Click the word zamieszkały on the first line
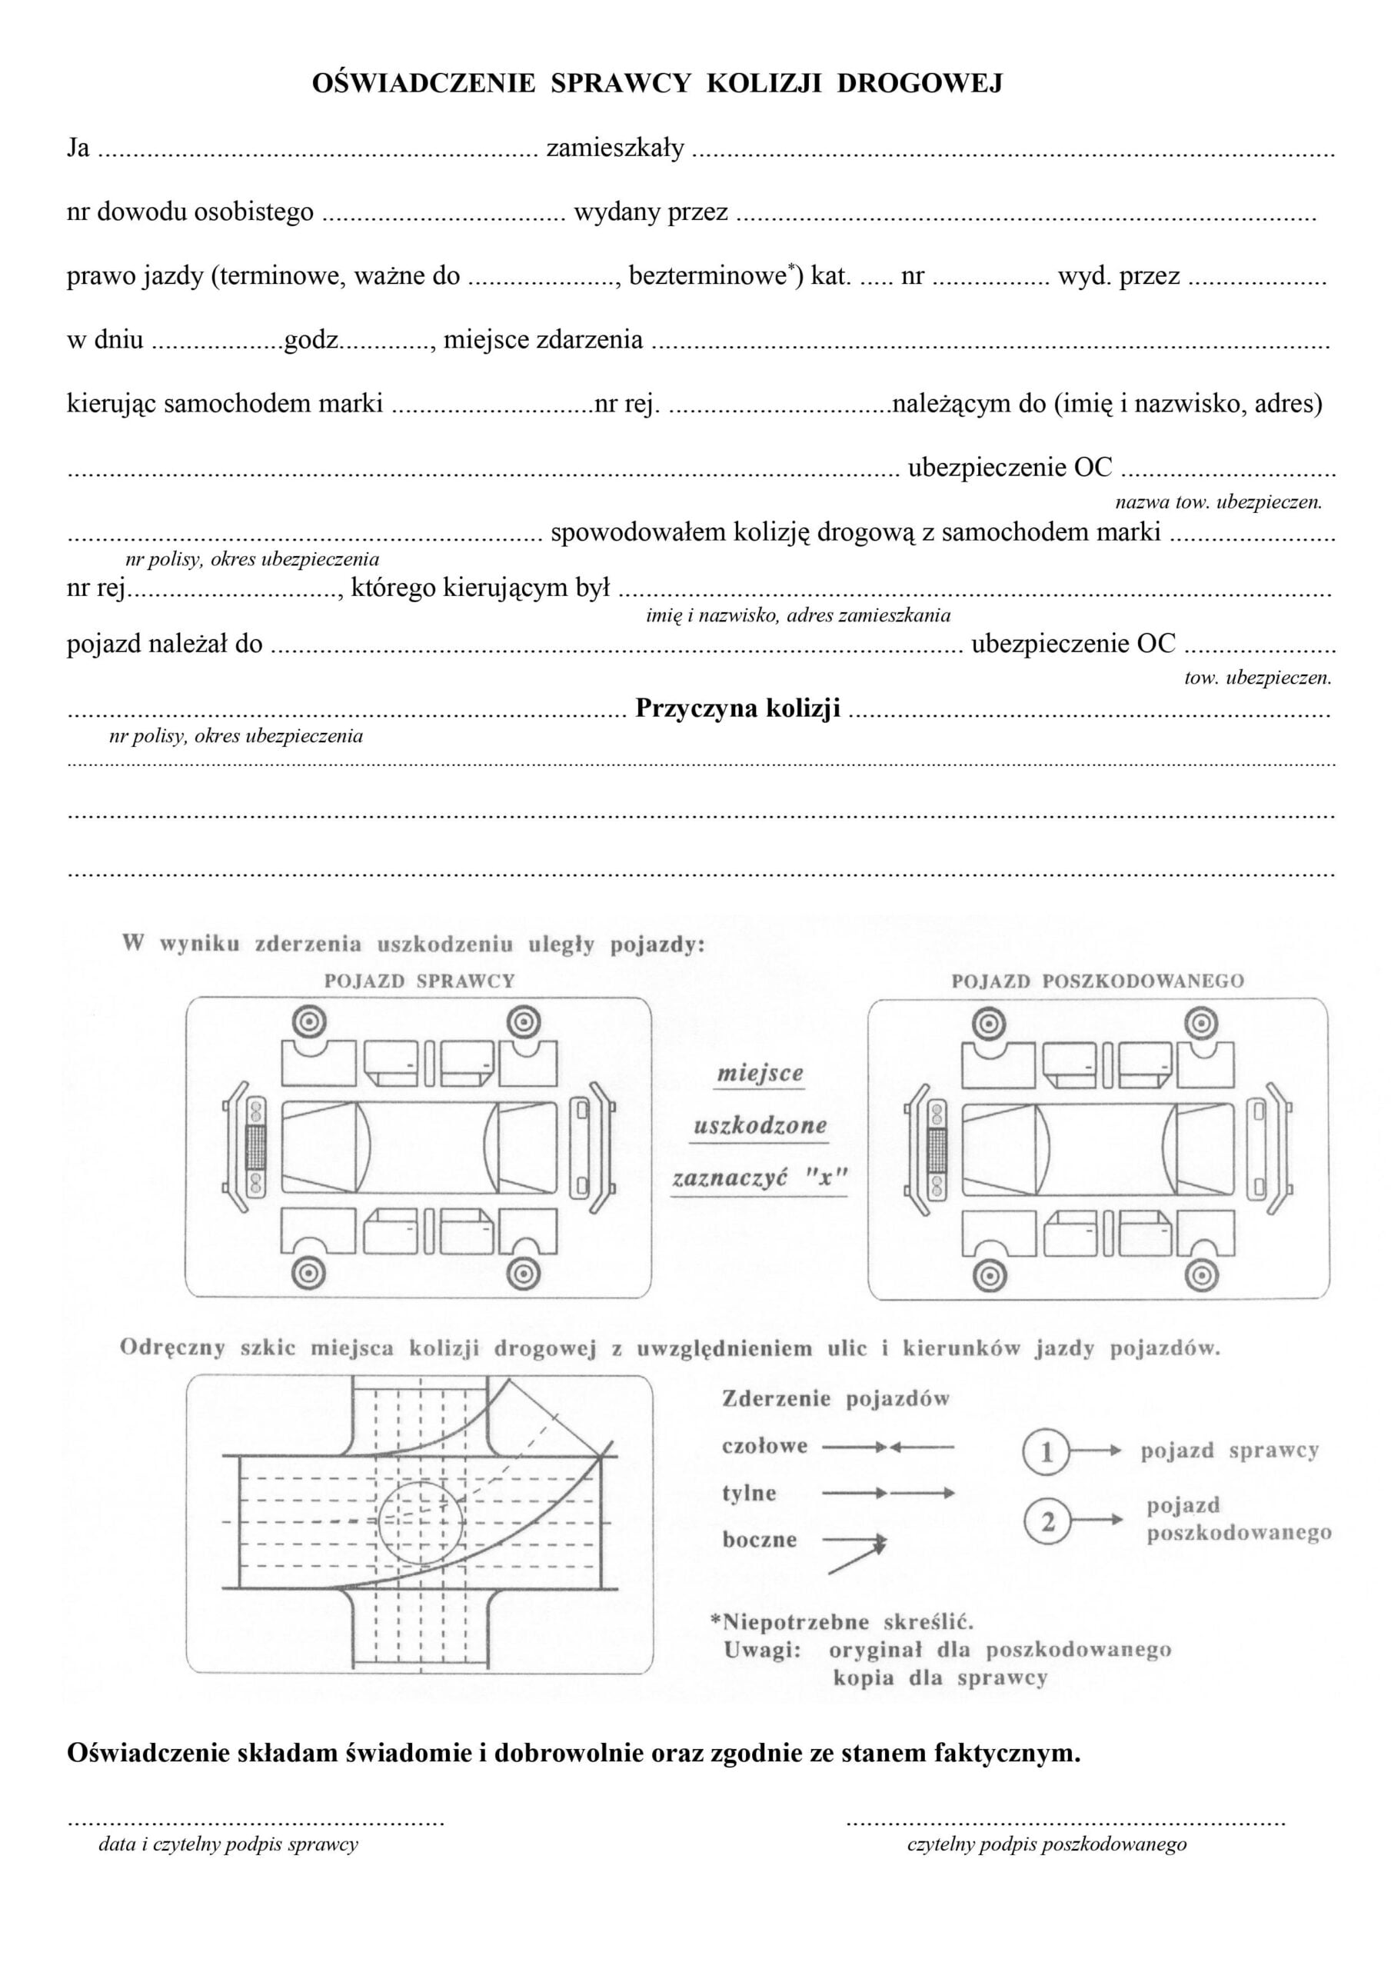point(615,148)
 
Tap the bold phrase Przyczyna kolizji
point(737,708)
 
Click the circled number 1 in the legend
point(1046,1452)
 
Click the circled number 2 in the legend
point(1046,1522)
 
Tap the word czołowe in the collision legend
point(765,1446)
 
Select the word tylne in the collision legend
point(749,1493)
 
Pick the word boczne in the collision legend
point(759,1539)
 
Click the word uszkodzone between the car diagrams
point(760,1126)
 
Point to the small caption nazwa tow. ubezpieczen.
point(1218,502)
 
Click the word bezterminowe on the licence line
point(707,276)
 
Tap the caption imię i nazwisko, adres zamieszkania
point(797,615)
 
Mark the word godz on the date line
point(311,341)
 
